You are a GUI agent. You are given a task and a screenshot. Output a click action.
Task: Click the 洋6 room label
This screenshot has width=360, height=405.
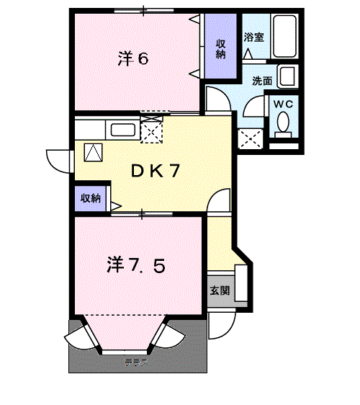(x=133, y=59)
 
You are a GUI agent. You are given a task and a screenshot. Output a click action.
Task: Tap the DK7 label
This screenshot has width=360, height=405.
(x=154, y=171)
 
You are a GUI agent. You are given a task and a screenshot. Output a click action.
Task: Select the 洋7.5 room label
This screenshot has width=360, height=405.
(x=137, y=266)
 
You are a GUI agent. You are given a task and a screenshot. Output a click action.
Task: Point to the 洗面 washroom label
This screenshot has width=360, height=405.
(x=262, y=81)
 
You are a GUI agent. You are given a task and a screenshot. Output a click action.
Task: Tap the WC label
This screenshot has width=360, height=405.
(x=284, y=104)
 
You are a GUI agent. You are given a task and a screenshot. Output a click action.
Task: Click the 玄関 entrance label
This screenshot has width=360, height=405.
(x=220, y=291)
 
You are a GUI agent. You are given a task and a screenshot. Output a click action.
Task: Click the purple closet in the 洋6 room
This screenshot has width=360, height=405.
(x=220, y=48)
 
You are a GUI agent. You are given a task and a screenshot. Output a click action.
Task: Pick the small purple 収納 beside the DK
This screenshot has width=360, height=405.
(x=90, y=198)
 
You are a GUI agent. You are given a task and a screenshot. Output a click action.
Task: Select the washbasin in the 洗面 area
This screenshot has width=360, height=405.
(x=287, y=77)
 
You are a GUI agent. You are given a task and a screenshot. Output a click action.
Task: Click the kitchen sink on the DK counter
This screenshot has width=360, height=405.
(x=122, y=130)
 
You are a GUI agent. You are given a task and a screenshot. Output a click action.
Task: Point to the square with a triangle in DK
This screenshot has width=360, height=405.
(x=94, y=152)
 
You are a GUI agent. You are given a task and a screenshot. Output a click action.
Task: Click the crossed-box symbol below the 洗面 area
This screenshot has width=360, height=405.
(x=250, y=136)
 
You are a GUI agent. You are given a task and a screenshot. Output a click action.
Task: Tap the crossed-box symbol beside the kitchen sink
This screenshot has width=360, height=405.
(x=152, y=131)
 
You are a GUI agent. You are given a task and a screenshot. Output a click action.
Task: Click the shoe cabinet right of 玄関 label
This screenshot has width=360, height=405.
(x=241, y=285)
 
